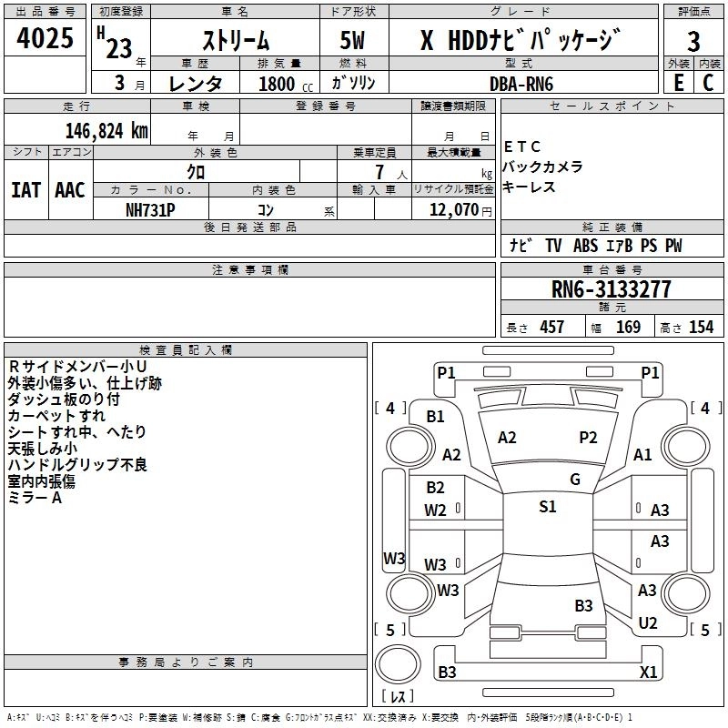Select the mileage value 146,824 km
106,130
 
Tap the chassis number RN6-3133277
611,289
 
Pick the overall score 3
693,41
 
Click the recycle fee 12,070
453,209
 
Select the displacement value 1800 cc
278,84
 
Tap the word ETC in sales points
522,147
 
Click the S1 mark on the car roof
547,507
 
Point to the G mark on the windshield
575,480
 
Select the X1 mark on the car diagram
649,672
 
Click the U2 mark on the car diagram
648,622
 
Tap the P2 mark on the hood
588,438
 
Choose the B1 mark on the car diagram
435,416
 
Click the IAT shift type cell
26,189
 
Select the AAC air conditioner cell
69,189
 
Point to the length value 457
551,327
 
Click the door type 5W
355,41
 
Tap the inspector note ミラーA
35,498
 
